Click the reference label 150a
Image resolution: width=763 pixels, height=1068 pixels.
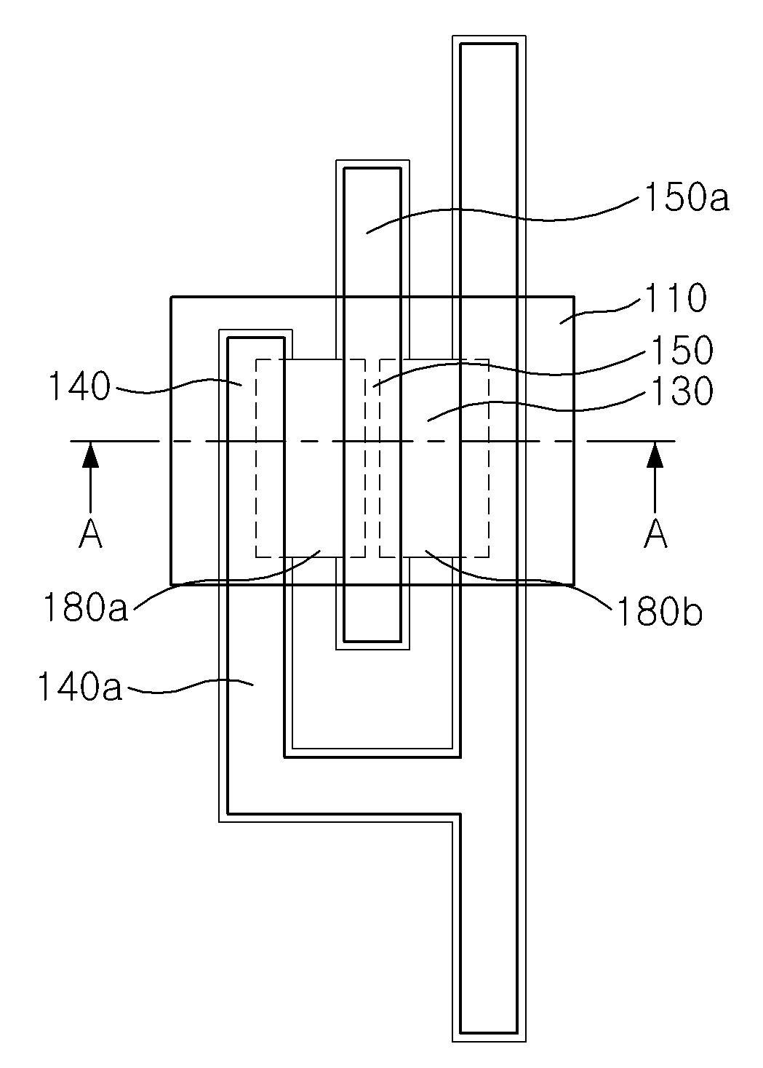click(687, 198)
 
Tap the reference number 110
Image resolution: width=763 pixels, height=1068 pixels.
click(676, 298)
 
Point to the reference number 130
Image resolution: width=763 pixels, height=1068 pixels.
click(682, 391)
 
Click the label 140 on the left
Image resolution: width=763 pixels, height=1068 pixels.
click(79, 386)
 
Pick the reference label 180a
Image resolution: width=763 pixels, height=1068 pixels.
click(85, 607)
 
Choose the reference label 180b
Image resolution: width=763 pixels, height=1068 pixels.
click(660, 611)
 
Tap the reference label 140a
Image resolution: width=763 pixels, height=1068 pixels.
click(79, 687)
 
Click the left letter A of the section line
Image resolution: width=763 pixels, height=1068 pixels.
click(90, 534)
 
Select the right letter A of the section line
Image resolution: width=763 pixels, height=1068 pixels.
click(656, 534)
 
